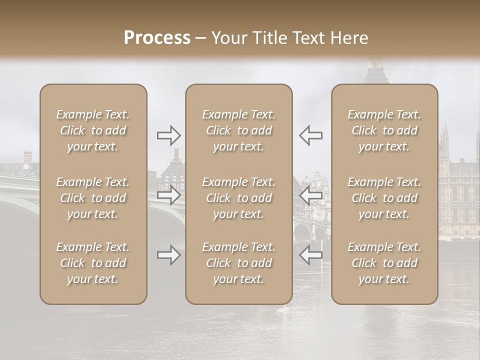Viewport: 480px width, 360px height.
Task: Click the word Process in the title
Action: (157, 38)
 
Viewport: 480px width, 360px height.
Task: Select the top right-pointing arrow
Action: (169, 135)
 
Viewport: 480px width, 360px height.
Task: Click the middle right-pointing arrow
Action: (169, 195)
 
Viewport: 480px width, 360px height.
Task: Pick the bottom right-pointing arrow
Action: (169, 255)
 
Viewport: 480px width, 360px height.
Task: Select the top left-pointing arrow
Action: (310, 135)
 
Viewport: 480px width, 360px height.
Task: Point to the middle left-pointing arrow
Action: (310, 195)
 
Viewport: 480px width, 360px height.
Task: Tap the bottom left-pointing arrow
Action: (310, 255)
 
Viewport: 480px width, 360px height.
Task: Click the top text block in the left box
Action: (93, 130)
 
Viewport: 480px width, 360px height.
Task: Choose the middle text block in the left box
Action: (93, 198)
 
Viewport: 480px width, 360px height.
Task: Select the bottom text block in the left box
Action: (93, 263)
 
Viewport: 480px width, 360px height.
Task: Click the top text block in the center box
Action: (238, 130)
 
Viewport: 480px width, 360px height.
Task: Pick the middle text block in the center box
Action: (238, 198)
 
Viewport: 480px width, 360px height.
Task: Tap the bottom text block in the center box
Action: (238, 263)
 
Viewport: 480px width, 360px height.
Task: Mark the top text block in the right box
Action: (384, 130)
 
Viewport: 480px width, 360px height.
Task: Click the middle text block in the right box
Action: (384, 198)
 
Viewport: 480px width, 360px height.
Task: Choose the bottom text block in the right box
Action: (384, 263)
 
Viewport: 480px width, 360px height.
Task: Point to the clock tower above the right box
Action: (374, 70)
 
